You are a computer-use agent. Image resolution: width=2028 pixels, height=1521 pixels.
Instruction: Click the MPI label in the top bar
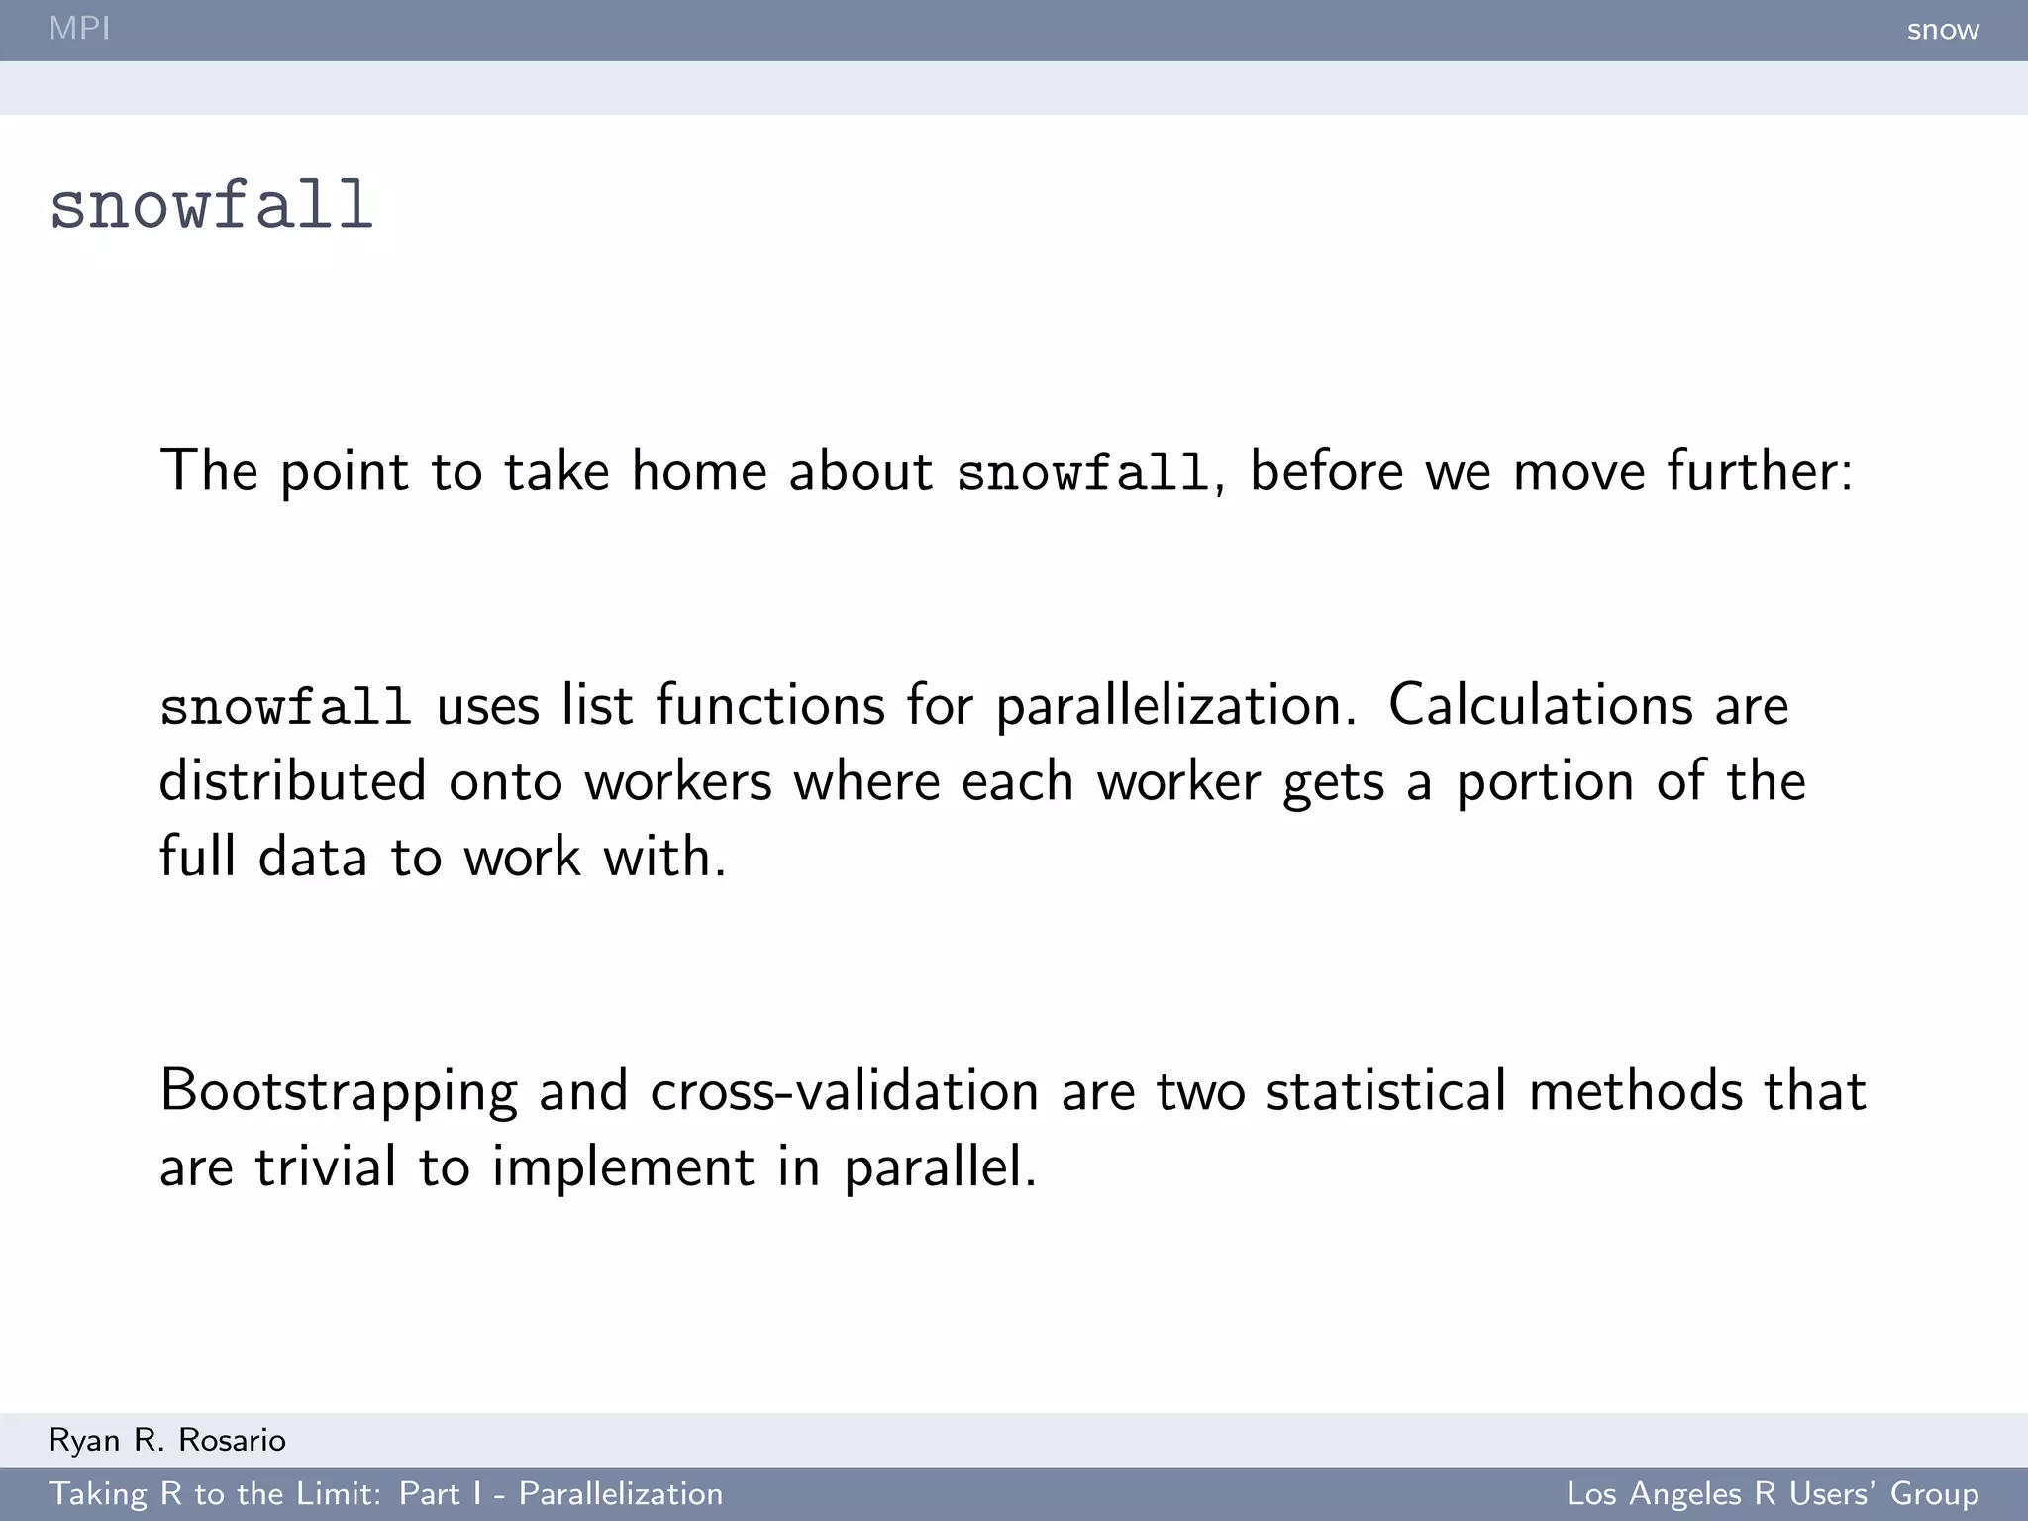tap(79, 28)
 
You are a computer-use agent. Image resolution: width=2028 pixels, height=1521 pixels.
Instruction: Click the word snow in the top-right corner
tap(1943, 30)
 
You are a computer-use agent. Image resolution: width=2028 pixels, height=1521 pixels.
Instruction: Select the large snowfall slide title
tap(211, 206)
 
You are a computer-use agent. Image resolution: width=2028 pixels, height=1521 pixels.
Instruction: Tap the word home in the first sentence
tap(699, 470)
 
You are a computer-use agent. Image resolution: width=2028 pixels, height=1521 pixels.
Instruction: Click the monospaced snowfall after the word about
tap(1082, 472)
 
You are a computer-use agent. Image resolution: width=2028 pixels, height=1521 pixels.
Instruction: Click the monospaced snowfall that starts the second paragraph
tap(285, 707)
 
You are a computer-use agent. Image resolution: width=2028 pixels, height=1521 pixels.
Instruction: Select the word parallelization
tap(1174, 707)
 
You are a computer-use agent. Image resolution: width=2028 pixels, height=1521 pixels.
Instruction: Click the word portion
tap(1545, 782)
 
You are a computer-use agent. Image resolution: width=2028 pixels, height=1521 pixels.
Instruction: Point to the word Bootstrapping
tap(338, 1091)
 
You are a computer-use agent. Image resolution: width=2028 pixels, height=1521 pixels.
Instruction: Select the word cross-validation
tap(844, 1090)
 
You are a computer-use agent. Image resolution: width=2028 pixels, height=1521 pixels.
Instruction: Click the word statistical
tap(1386, 1090)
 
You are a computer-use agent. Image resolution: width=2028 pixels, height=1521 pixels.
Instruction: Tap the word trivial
tap(326, 1166)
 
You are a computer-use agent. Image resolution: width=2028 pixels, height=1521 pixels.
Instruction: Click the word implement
tap(623, 1167)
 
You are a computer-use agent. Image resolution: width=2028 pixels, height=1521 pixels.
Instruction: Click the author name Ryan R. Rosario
tap(167, 1440)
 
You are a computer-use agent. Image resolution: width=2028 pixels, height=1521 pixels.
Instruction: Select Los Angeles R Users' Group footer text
tap(1772, 1493)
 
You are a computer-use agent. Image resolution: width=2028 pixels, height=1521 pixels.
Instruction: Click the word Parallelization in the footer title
tap(621, 1493)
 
